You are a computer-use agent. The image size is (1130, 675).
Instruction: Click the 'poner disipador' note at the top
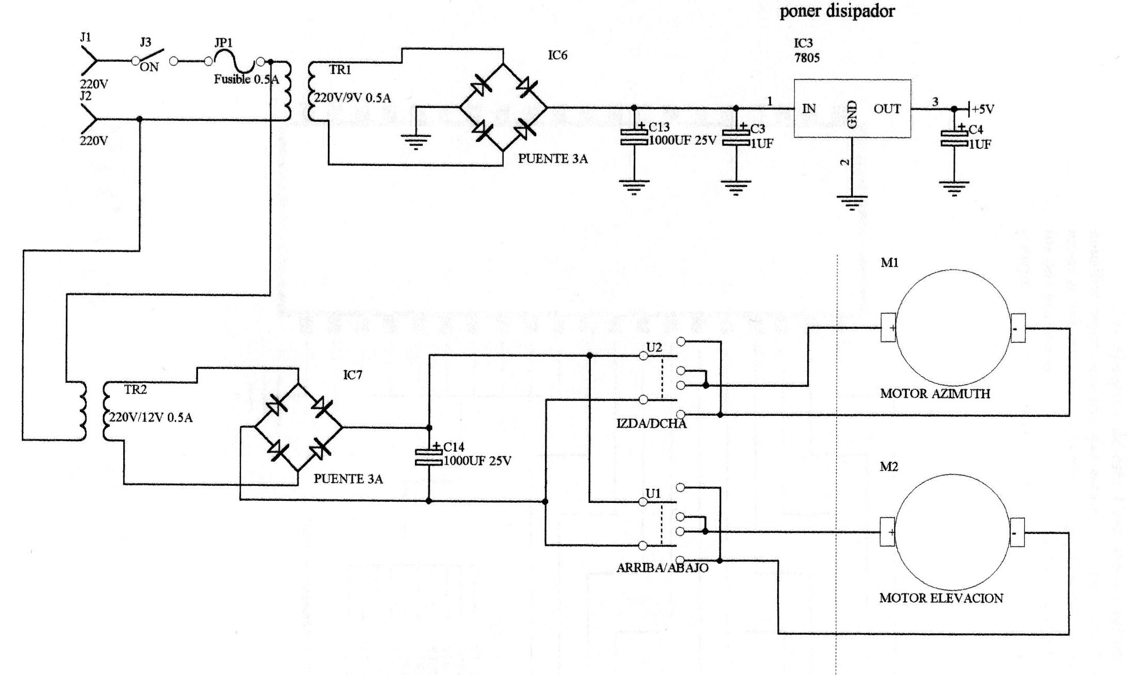pos(837,11)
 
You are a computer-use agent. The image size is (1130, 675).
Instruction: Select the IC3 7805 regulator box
pos(852,108)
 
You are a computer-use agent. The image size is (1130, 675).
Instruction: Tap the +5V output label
pos(982,109)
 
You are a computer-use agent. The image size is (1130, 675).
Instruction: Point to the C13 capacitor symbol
pos(634,137)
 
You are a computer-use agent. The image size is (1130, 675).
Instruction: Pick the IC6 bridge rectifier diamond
pos(504,108)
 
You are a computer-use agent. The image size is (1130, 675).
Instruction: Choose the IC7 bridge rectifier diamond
pos(298,427)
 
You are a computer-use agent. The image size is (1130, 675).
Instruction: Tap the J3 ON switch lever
pos(151,56)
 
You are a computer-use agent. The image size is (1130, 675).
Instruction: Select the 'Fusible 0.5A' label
pos(246,79)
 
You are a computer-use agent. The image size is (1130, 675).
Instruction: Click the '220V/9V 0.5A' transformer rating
pos(352,98)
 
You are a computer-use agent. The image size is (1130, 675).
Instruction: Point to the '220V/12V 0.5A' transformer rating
pos(150,417)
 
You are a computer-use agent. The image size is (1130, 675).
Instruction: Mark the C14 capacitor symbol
pos(428,457)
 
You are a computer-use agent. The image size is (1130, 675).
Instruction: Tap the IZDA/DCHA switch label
pos(651,424)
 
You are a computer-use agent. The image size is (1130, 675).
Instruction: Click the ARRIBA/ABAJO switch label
pos(662,568)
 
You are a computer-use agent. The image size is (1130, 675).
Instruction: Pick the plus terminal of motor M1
pos(888,328)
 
